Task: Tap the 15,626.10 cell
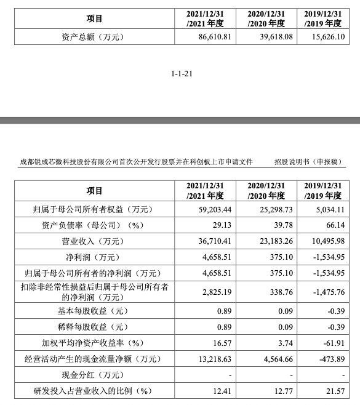[x=329, y=38]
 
